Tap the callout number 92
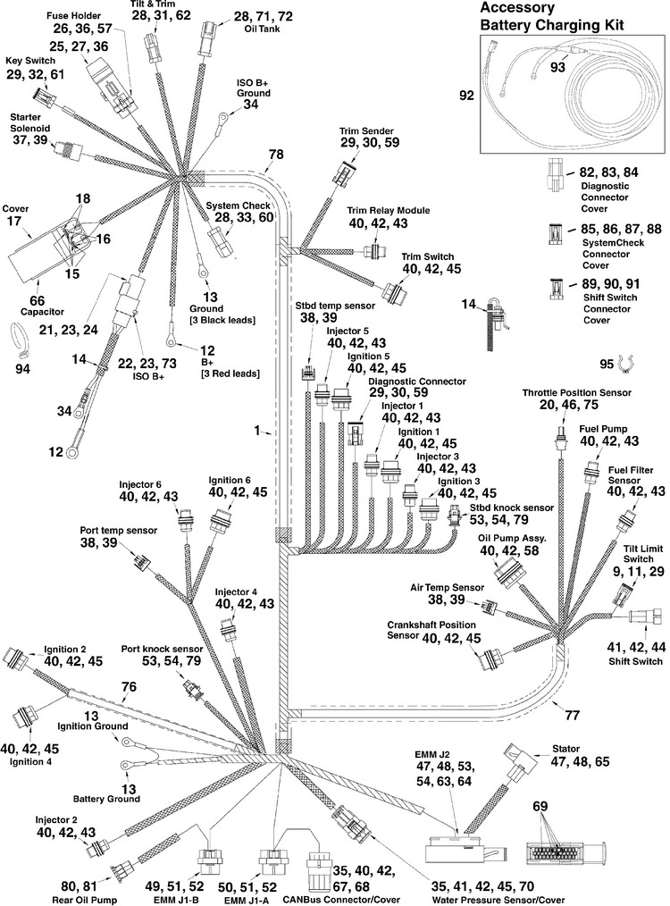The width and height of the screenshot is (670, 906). tap(466, 95)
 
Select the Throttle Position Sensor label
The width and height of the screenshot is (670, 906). tap(576, 393)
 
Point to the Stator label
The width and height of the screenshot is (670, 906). tap(565, 749)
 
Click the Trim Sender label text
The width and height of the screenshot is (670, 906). tap(367, 131)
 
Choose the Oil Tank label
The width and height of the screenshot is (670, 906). tap(264, 29)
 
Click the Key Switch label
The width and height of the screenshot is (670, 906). tap(30, 61)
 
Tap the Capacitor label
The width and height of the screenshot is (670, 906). tap(42, 312)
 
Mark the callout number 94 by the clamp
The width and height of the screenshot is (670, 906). tap(22, 369)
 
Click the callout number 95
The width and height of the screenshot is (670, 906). tap(607, 364)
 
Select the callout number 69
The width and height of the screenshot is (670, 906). tap(540, 806)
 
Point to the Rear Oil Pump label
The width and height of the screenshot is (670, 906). tap(84, 900)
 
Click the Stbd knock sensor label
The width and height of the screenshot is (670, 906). tap(512, 508)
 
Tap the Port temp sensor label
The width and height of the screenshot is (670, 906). tap(119, 531)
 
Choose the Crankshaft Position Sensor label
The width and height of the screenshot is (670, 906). tap(431, 631)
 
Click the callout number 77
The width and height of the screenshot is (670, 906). tap(572, 716)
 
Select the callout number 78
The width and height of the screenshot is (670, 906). tap(277, 155)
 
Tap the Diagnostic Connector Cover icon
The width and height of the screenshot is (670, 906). tap(553, 176)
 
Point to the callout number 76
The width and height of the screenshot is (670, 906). tap(129, 686)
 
